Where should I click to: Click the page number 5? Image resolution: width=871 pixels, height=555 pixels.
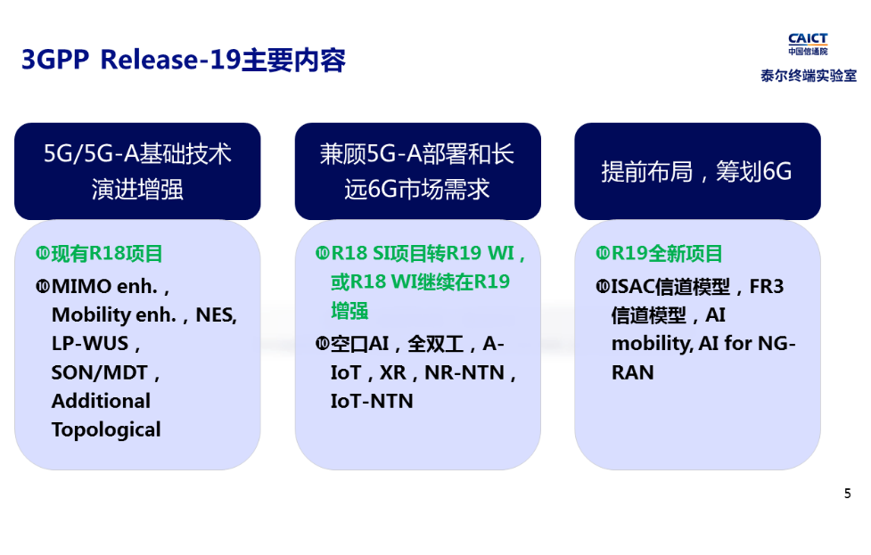[x=848, y=494]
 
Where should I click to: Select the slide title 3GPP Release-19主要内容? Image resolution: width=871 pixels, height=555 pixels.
[x=183, y=61]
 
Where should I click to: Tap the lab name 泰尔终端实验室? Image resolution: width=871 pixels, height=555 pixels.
[x=809, y=77]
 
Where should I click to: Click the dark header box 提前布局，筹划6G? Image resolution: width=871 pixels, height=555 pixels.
[x=696, y=172]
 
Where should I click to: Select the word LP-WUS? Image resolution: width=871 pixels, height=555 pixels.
[x=90, y=343]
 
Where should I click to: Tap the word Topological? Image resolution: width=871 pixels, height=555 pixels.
[x=106, y=429]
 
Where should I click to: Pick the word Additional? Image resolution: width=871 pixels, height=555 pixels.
[x=101, y=401]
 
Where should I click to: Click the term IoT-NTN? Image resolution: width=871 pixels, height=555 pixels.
[x=372, y=401]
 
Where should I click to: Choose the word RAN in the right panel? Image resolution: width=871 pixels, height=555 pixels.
[x=633, y=372]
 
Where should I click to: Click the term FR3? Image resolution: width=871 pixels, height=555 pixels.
[x=766, y=287]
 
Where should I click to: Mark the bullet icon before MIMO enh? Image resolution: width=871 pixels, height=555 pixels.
[x=42, y=287]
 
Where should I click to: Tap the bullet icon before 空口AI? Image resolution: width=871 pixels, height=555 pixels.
[x=322, y=344]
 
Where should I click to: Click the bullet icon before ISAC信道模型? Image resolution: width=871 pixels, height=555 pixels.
[x=602, y=287]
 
